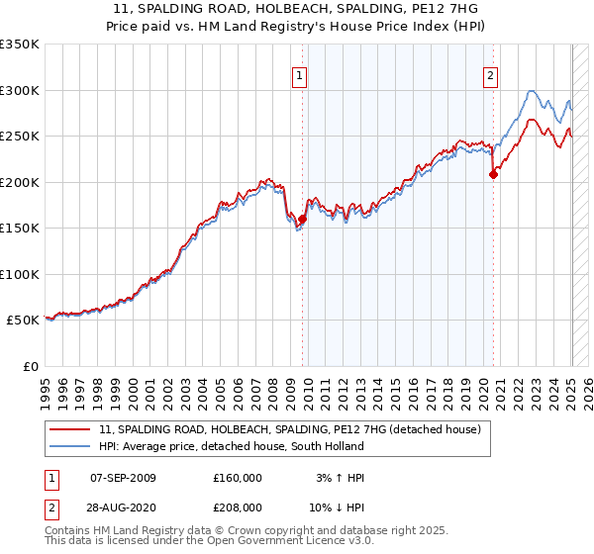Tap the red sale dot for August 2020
(x=493, y=175)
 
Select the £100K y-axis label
(x=20, y=274)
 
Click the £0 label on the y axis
(x=30, y=366)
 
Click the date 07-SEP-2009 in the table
(x=123, y=478)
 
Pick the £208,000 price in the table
(x=238, y=507)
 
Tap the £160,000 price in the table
(x=238, y=478)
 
